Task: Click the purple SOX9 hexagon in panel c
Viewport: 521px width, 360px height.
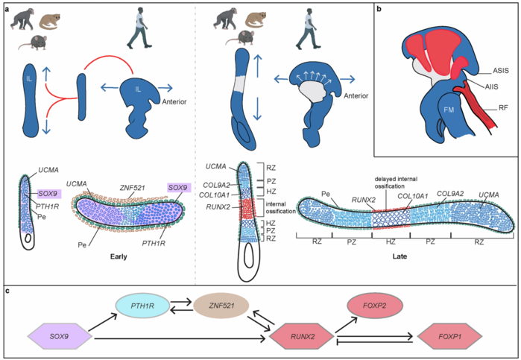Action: click(60, 336)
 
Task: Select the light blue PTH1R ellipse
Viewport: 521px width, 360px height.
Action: click(142, 306)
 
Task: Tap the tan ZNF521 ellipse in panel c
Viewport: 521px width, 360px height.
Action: click(221, 306)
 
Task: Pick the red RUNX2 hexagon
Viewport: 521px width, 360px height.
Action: click(303, 336)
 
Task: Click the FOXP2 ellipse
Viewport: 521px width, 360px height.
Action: click(375, 305)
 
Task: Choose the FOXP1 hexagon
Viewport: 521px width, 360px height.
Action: click(449, 336)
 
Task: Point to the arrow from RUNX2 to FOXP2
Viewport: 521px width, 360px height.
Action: click(346, 324)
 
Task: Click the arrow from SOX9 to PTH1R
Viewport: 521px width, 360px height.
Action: click(103, 322)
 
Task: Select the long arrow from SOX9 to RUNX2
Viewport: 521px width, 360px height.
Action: click(180, 338)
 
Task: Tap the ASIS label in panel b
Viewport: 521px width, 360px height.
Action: click(500, 71)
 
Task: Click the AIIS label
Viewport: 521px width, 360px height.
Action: click(491, 86)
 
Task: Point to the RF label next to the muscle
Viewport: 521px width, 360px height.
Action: click(503, 107)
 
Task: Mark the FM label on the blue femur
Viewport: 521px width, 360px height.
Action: click(449, 110)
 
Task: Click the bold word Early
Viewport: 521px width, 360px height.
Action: click(119, 256)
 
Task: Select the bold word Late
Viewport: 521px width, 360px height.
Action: click(400, 256)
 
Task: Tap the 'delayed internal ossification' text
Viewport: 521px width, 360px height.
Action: click(396, 183)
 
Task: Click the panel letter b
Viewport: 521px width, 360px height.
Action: click(379, 9)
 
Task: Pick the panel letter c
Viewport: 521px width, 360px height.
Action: click(7, 291)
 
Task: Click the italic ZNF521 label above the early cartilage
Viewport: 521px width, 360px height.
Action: click(132, 188)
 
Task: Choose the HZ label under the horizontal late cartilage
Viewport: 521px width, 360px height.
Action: click(391, 241)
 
